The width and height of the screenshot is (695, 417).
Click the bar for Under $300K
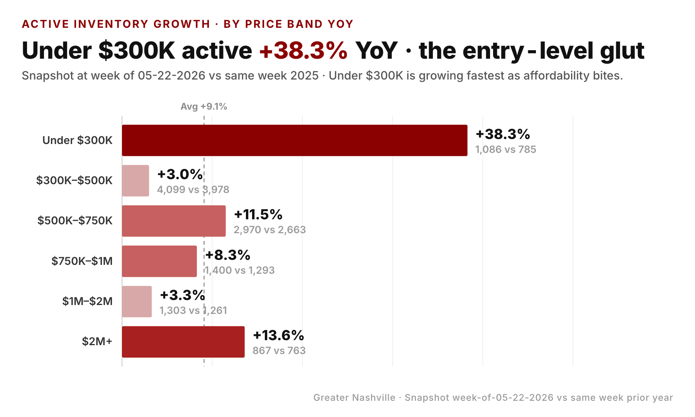(295, 140)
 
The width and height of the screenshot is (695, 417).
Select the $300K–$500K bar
(136, 181)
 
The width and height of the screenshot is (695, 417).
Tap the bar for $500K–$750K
(174, 221)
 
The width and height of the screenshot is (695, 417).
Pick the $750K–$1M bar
(159, 261)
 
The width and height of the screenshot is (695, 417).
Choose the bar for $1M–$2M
(137, 302)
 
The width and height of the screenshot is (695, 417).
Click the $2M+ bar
(183, 342)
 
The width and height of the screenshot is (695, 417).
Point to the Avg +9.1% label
(204, 107)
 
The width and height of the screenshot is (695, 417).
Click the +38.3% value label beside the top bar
(503, 134)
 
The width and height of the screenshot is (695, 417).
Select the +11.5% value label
(258, 214)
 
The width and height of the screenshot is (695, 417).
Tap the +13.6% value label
(278, 335)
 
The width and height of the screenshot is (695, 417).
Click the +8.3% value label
(228, 255)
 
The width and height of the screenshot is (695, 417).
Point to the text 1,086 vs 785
(506, 149)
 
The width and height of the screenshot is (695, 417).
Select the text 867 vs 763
(279, 351)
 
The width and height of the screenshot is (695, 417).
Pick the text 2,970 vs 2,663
(270, 230)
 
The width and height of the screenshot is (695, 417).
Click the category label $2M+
(97, 341)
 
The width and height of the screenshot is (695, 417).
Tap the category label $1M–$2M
(87, 301)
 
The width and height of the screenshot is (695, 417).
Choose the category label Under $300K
(78, 140)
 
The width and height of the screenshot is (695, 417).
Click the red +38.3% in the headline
(303, 51)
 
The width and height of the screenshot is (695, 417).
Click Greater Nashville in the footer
(354, 398)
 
